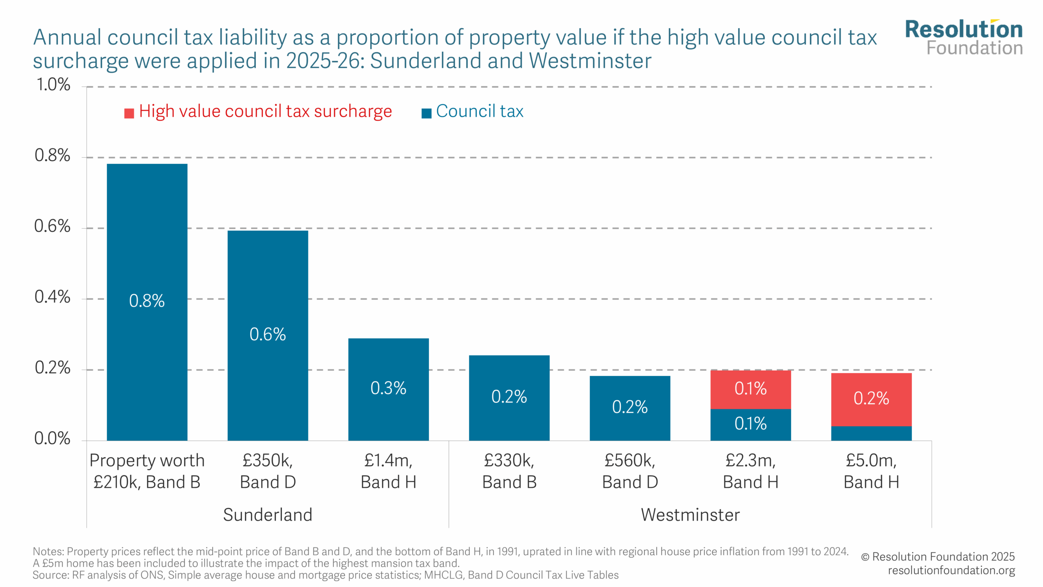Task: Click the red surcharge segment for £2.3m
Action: click(x=750, y=389)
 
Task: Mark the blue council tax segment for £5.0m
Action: click(x=871, y=433)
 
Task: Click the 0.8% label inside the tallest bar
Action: click(x=147, y=301)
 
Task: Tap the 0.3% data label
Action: click(x=388, y=388)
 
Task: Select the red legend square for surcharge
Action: click(x=129, y=113)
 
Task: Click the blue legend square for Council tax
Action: click(x=426, y=113)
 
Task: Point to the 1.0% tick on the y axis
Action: click(x=53, y=85)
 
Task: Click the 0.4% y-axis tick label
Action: click(x=53, y=297)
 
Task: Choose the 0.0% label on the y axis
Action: click(x=53, y=439)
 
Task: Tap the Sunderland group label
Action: click(x=268, y=515)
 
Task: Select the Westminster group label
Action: click(x=690, y=515)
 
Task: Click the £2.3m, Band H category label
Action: click(x=750, y=471)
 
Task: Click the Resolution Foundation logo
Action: click(x=964, y=38)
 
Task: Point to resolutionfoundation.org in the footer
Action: click(x=951, y=570)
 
